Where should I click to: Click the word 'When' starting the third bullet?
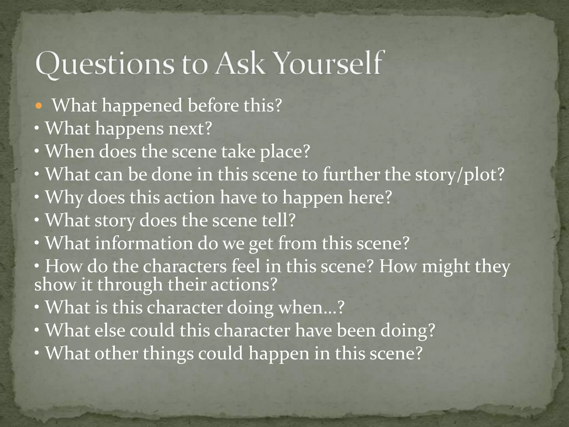[70, 152]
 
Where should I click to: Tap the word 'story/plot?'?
[460, 175]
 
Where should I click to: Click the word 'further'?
[351, 175]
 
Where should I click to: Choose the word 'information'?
[144, 243]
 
